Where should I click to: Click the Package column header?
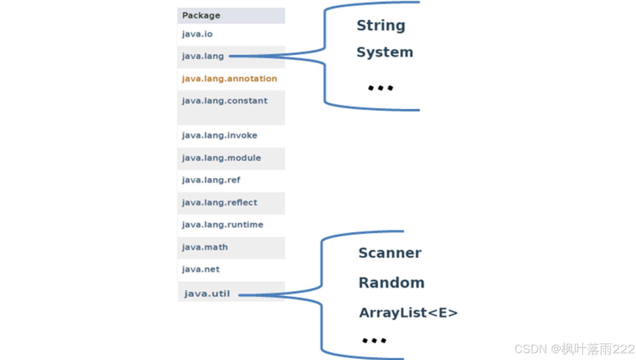pyautogui.click(x=201, y=16)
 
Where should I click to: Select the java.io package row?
pyautogui.click(x=197, y=34)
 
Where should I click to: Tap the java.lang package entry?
pyautogui.click(x=203, y=56)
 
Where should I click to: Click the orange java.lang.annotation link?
pyautogui.click(x=229, y=79)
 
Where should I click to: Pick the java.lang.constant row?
pyautogui.click(x=225, y=101)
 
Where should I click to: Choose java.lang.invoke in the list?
pyautogui.click(x=219, y=136)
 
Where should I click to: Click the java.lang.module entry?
pyautogui.click(x=221, y=158)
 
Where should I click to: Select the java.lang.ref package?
pyautogui.click(x=211, y=180)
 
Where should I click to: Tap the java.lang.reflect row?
pyautogui.click(x=219, y=202)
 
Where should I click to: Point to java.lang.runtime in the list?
pyautogui.click(x=223, y=225)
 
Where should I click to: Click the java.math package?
pyautogui.click(x=205, y=247)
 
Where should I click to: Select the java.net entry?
pyautogui.click(x=201, y=269)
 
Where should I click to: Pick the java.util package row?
pyautogui.click(x=207, y=294)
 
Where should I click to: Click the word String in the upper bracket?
pyautogui.click(x=381, y=26)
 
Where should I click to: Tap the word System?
pyautogui.click(x=384, y=52)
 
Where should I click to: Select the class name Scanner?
pyautogui.click(x=390, y=253)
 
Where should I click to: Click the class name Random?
pyautogui.click(x=392, y=283)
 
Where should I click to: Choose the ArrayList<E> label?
pyautogui.click(x=408, y=313)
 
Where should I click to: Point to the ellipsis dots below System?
pyautogui.click(x=380, y=88)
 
